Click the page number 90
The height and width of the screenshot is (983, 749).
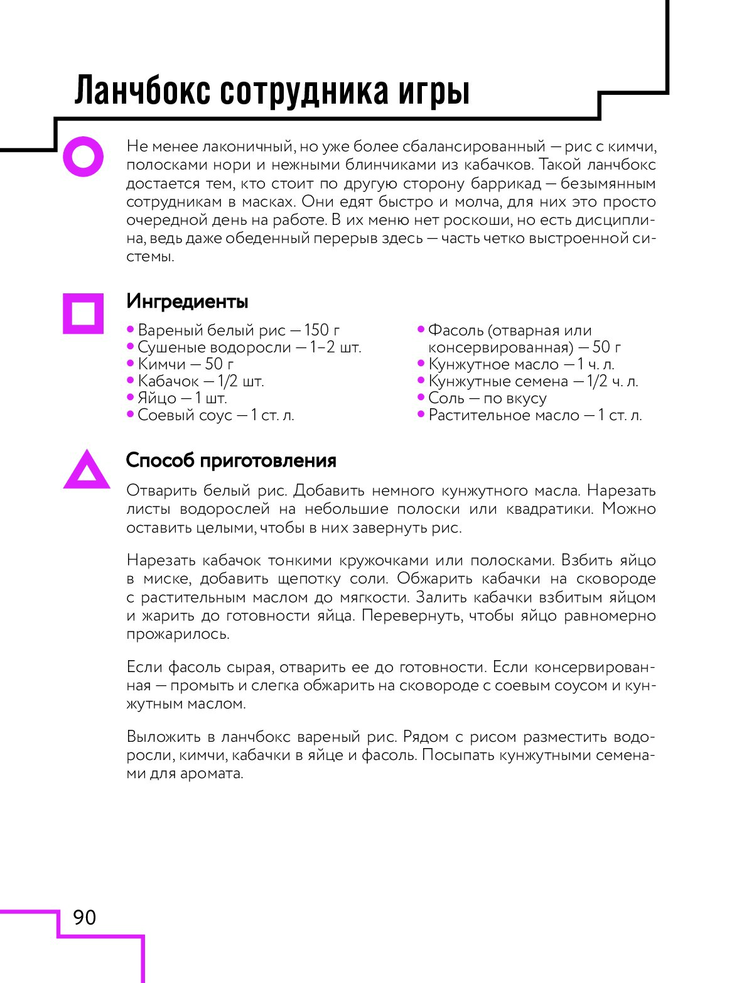(85, 918)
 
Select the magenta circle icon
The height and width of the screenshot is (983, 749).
(83, 156)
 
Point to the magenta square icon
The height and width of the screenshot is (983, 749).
(83, 313)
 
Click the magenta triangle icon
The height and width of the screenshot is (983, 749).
(87, 471)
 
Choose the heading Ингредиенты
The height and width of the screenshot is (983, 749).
(187, 301)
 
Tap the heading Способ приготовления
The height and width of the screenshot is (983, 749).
(231, 460)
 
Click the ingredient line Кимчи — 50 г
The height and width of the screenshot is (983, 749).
(185, 364)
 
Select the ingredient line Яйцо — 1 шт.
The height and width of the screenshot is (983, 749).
(182, 398)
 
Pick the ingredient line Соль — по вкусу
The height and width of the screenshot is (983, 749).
(487, 398)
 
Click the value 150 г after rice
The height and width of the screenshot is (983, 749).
(322, 330)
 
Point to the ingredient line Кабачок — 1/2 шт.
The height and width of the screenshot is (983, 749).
(200, 381)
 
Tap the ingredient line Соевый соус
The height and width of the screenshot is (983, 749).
(215, 415)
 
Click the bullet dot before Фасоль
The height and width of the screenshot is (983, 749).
(421, 329)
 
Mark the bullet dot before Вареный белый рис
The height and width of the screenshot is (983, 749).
(131, 329)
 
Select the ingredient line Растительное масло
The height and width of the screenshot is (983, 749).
(535, 415)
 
